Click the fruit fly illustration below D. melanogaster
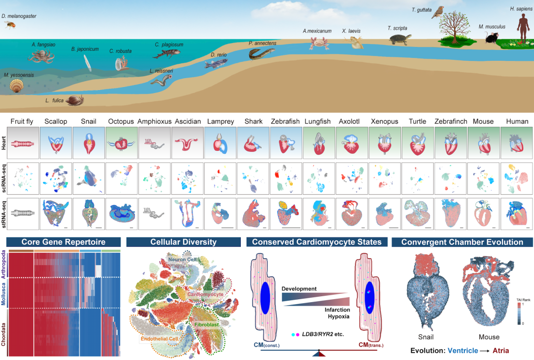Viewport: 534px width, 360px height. (10, 25)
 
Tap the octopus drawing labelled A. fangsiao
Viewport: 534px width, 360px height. (41, 56)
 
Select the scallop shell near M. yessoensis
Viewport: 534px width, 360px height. (16, 86)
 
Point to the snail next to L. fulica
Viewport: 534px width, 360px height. (75, 100)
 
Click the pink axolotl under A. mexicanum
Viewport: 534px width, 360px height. (319, 43)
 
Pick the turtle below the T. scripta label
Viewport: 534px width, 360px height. (400, 39)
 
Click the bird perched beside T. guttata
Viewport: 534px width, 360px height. (438, 12)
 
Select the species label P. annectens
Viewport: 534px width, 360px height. (262, 43)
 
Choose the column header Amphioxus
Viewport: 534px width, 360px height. (154, 121)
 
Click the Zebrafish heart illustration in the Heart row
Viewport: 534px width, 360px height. (286, 143)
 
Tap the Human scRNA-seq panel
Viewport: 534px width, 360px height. (516, 179)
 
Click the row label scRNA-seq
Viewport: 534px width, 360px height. (4, 179)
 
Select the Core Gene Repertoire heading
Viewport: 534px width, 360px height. (63, 242)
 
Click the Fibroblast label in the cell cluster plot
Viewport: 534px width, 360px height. (207, 324)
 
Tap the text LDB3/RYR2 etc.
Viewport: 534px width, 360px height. (323, 334)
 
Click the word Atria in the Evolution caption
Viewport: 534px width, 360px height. (500, 351)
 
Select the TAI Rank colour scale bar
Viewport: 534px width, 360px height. (519, 314)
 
